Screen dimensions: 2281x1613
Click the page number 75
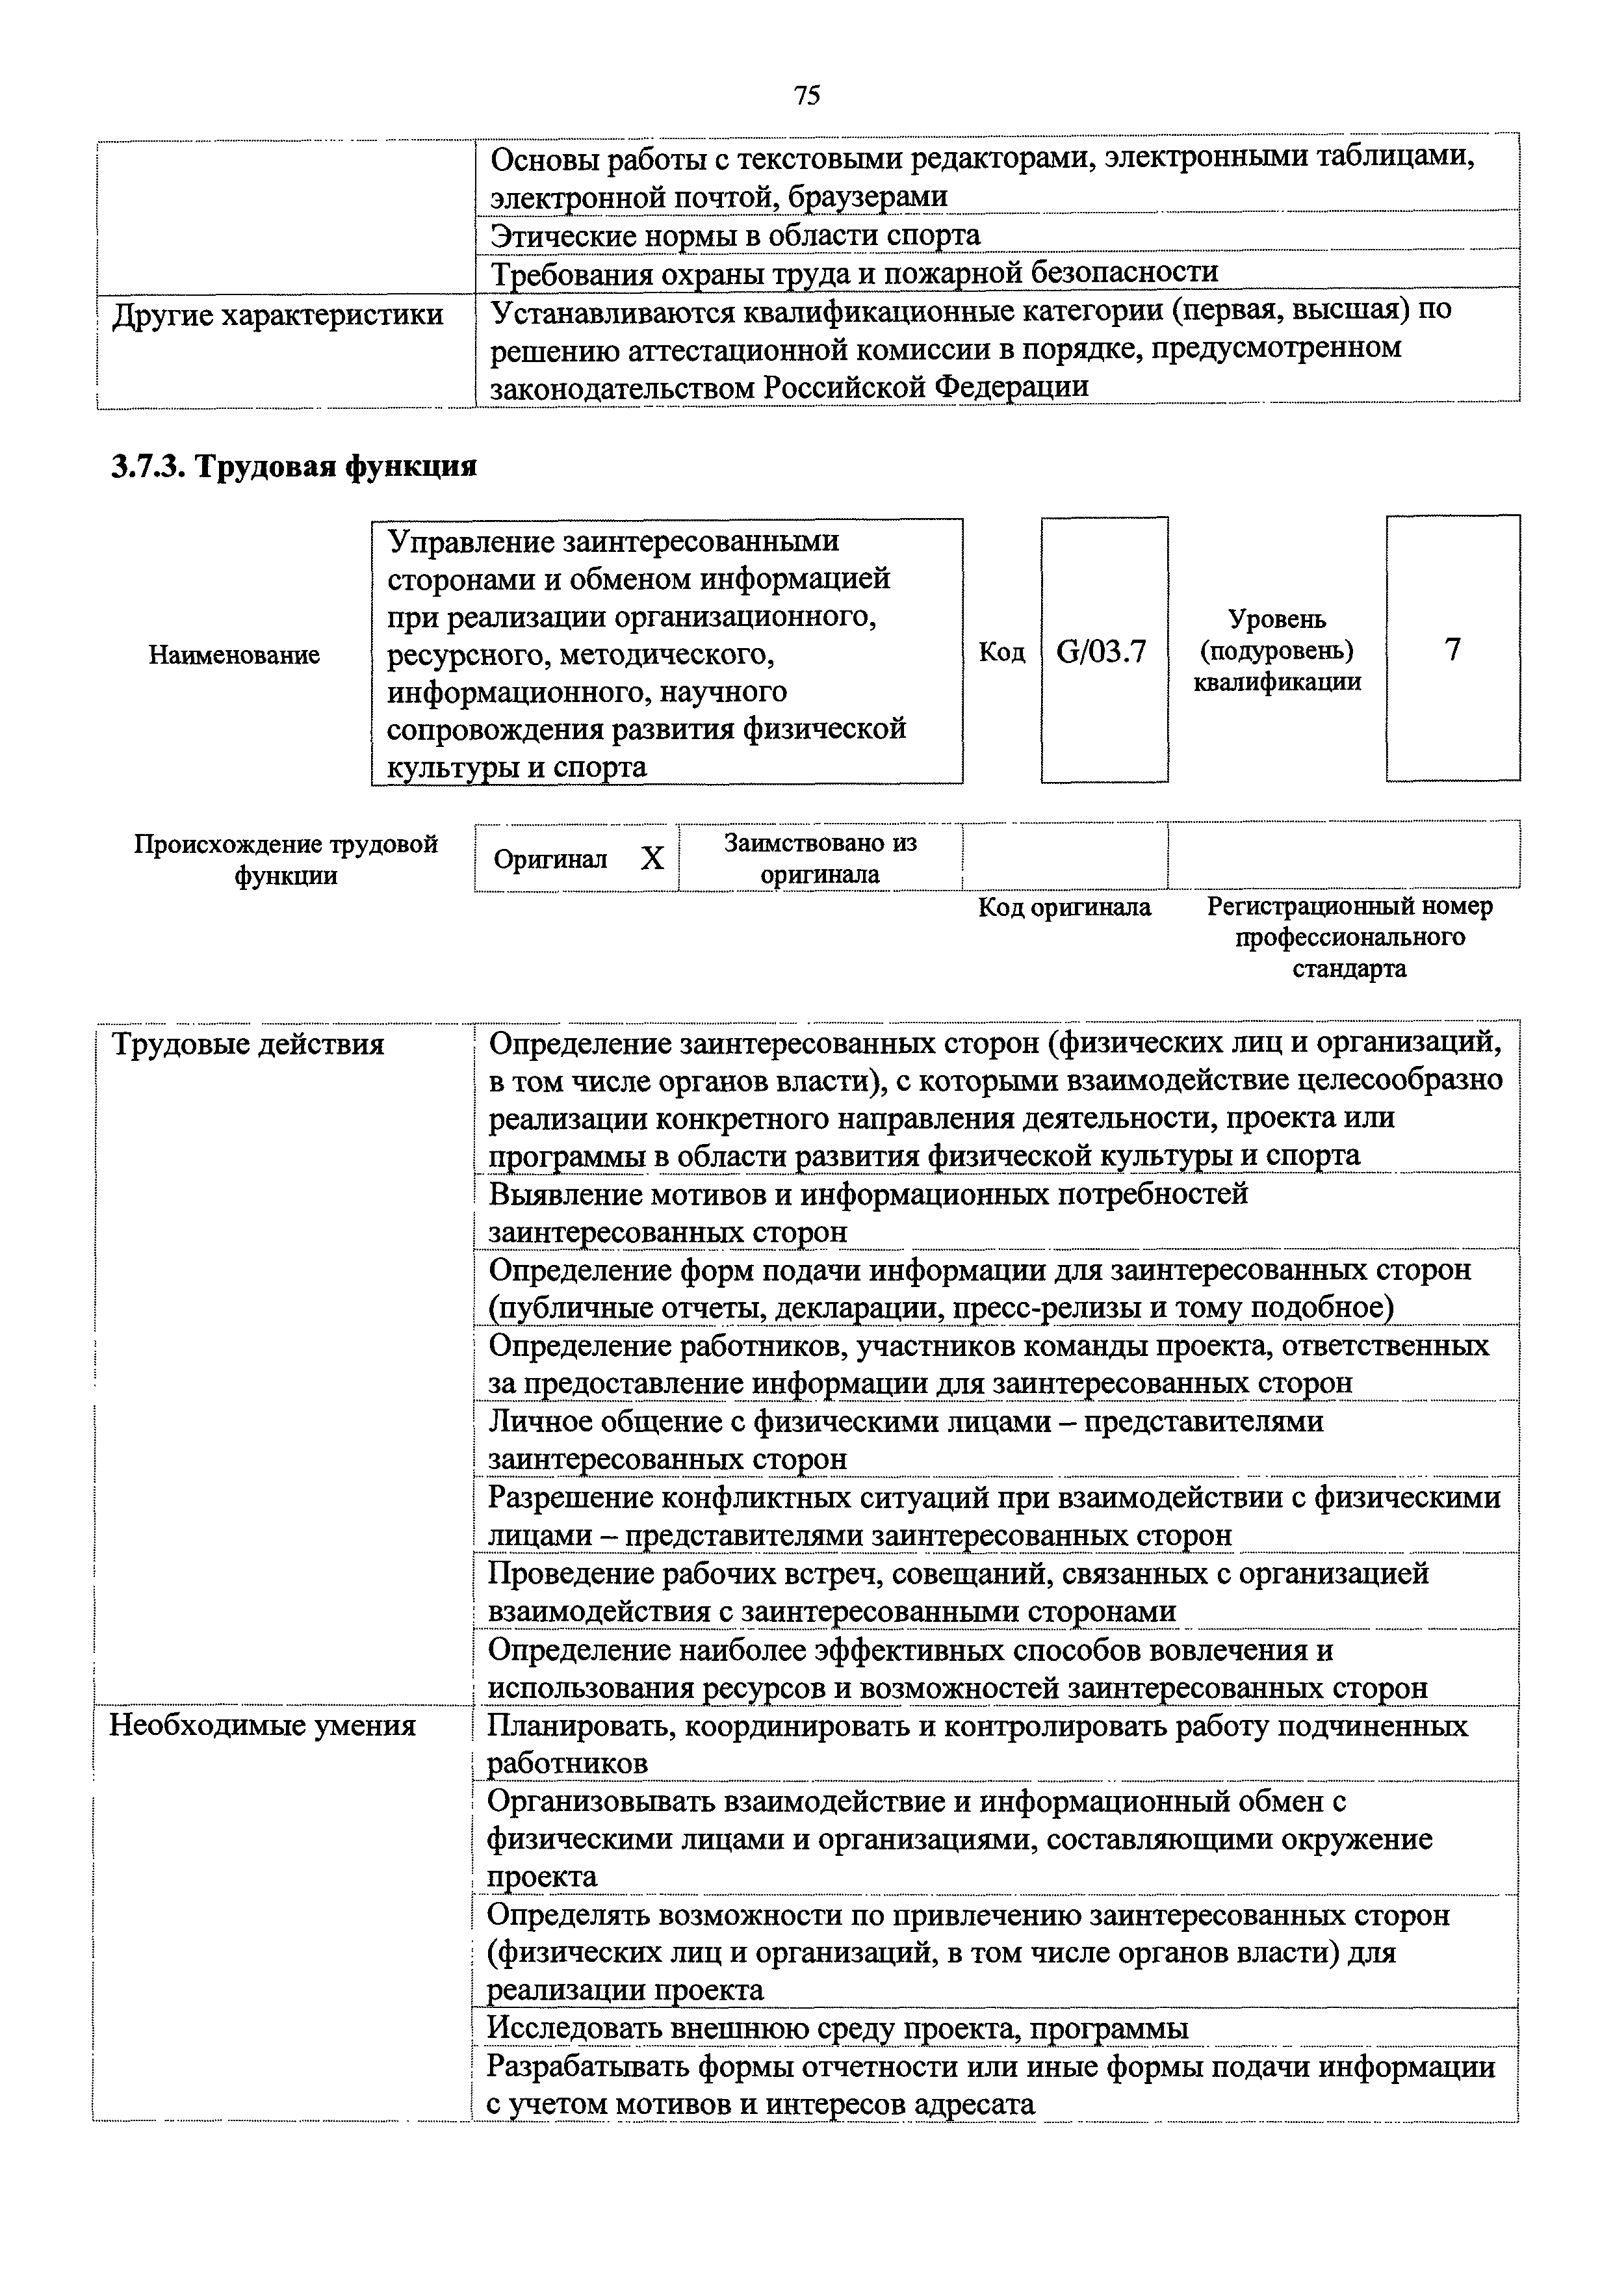[x=806, y=96]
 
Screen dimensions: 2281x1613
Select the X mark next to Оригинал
[x=652, y=858]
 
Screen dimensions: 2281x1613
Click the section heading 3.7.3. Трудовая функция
[x=294, y=466]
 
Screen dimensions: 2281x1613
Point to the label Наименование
[x=235, y=655]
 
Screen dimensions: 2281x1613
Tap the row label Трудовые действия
[x=248, y=1045]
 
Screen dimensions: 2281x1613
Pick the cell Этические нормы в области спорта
[x=736, y=235]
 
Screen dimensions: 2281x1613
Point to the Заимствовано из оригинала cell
[x=819, y=858]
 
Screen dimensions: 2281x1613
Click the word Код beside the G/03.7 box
[x=1001, y=652]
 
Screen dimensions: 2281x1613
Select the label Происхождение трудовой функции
[x=286, y=859]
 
